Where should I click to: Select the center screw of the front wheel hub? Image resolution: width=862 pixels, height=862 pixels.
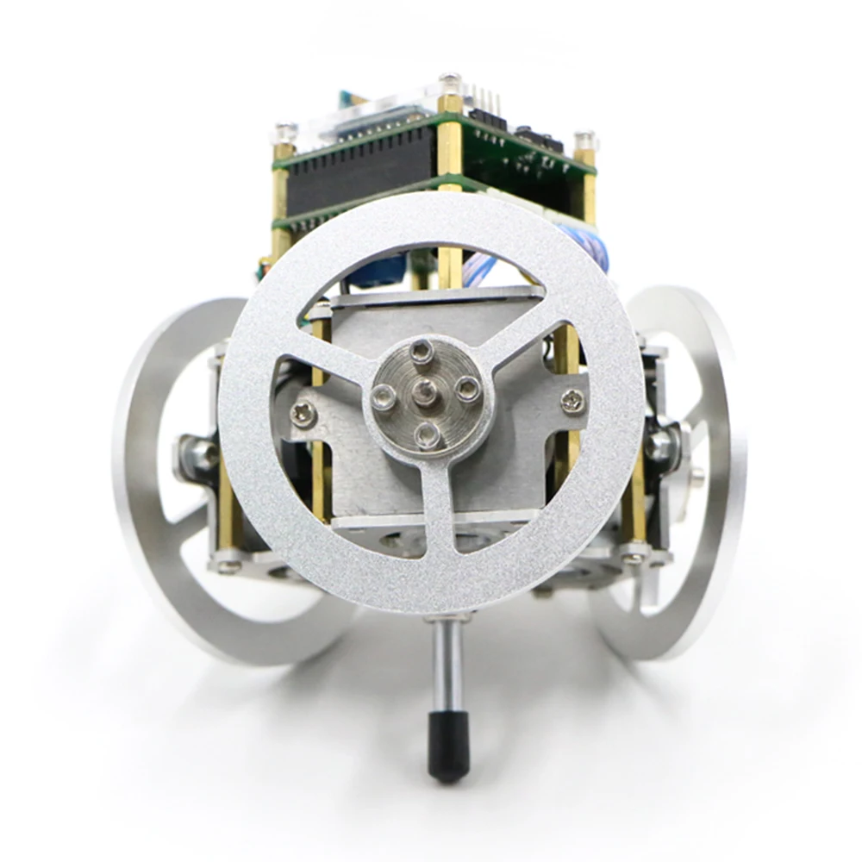pos(423,391)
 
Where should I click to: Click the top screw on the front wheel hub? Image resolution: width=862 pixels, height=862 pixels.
pos(421,350)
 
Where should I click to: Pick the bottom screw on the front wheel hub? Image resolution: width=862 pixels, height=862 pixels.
pos(426,434)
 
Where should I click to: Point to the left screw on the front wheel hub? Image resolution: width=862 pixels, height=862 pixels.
pos(384,397)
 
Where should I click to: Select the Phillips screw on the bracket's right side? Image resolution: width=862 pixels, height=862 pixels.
pos(572,400)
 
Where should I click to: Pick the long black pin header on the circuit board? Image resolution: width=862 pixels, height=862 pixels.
pos(362,172)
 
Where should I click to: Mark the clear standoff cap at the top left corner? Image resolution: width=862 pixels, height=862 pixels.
pos(285,134)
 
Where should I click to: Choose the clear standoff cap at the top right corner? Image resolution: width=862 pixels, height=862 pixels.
pos(585,140)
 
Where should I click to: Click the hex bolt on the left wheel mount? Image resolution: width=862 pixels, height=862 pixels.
pos(200,453)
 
